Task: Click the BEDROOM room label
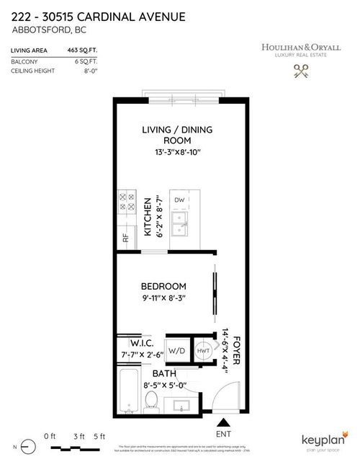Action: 163,286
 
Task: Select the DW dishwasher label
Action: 179,200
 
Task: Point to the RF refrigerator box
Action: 126,236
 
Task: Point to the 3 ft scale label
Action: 78,436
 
